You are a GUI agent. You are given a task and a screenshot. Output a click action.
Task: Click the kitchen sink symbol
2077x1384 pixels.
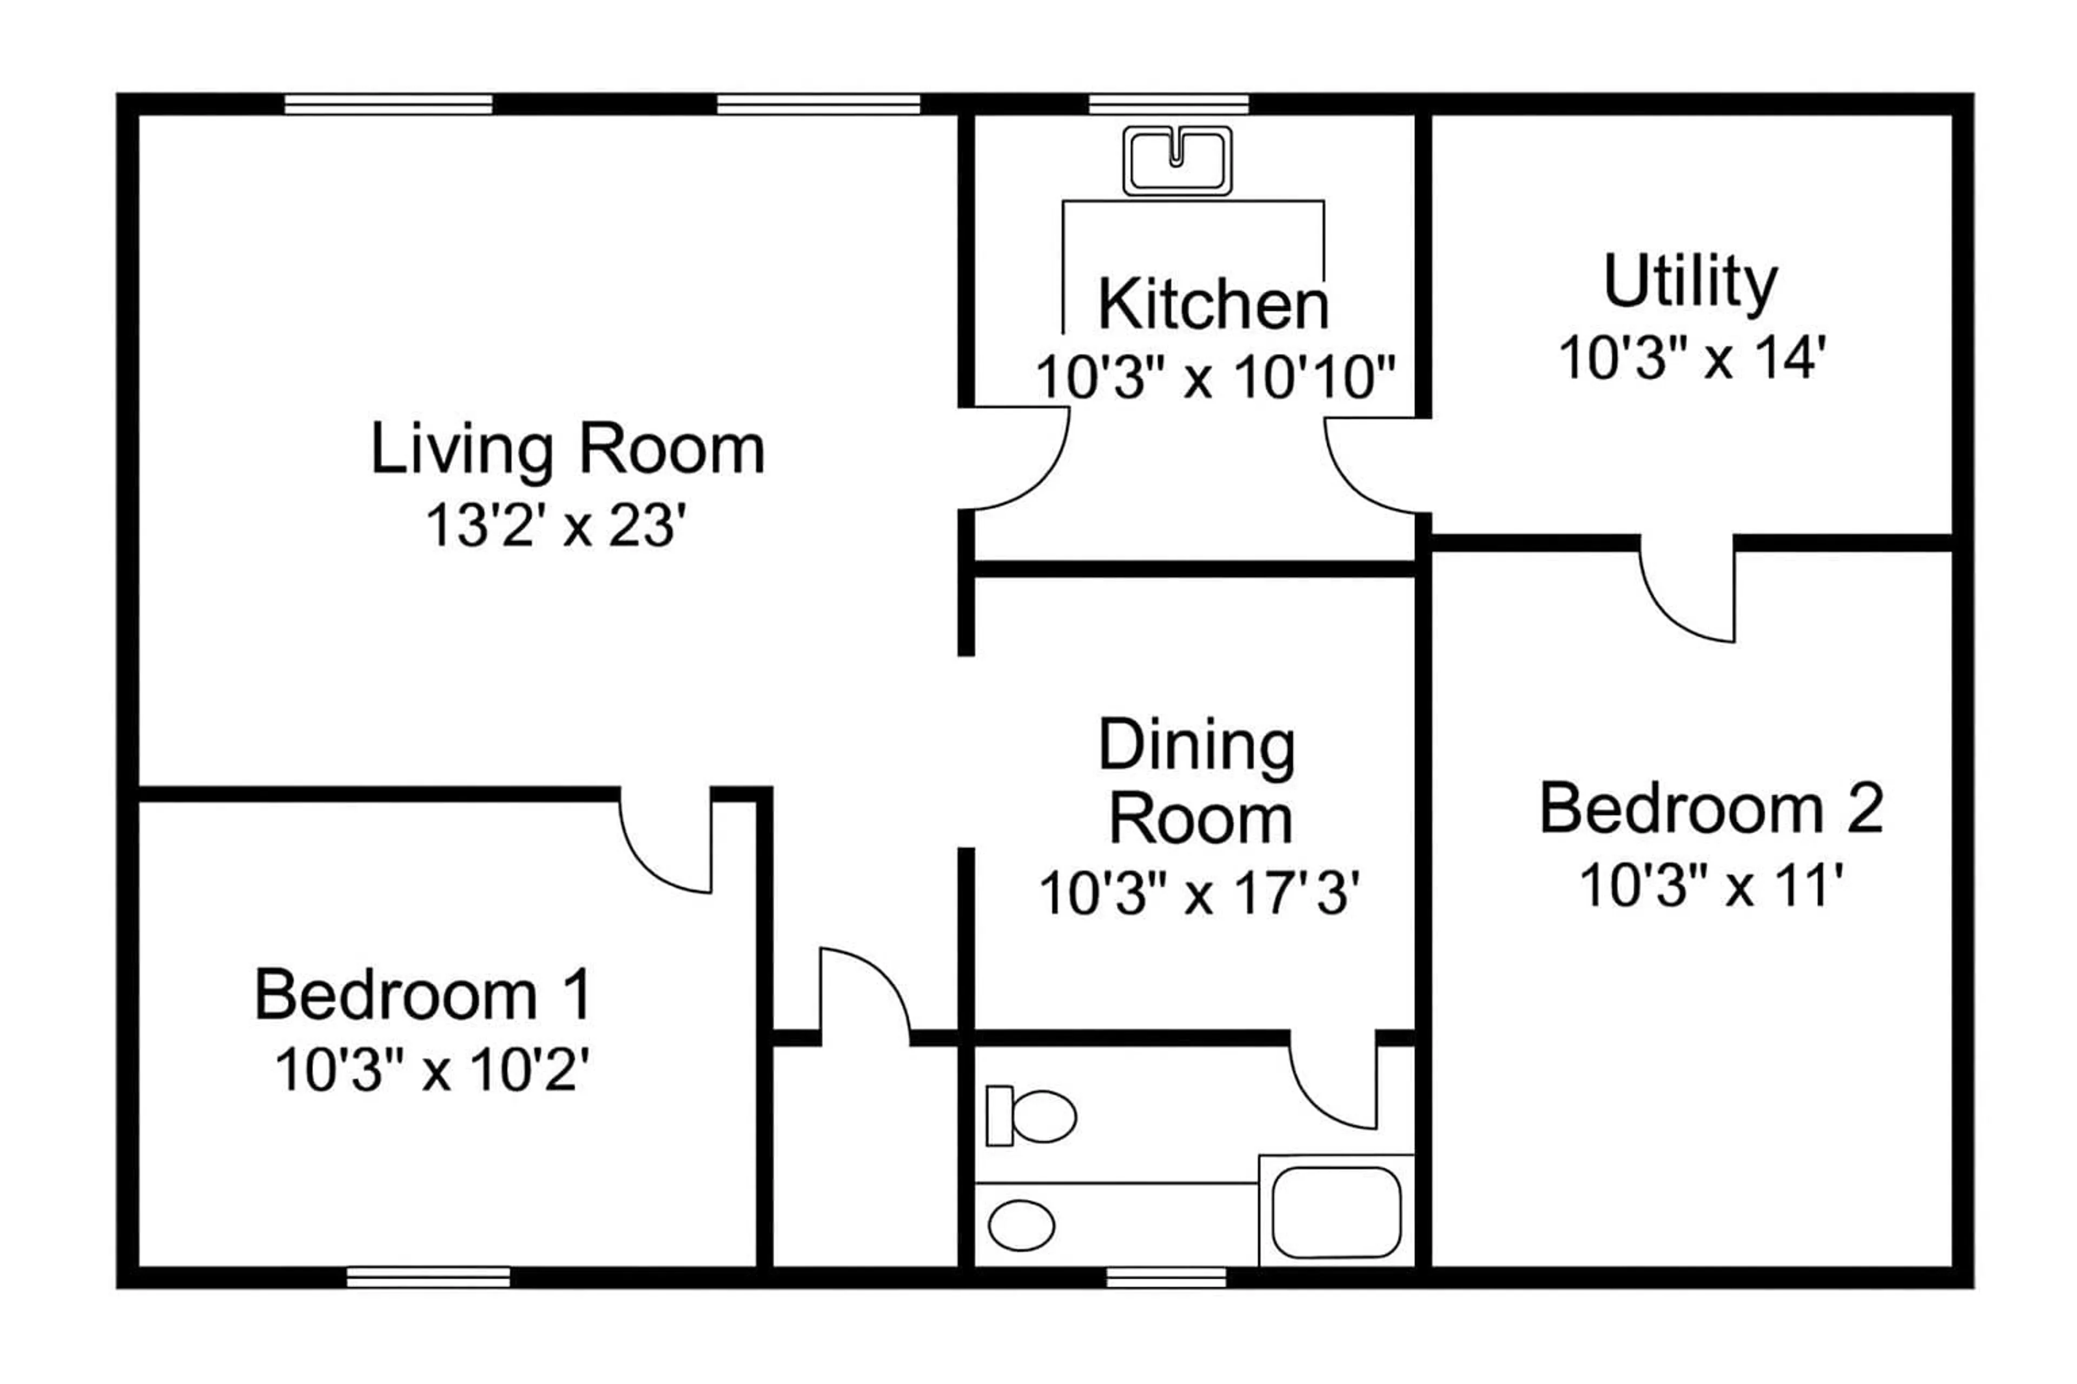click(1177, 161)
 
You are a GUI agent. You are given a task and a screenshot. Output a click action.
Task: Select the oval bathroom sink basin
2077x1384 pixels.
click(1021, 1225)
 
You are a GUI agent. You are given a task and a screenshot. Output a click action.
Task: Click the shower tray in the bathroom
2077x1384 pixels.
click(1336, 1212)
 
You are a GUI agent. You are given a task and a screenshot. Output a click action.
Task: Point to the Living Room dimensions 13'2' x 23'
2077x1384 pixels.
click(557, 526)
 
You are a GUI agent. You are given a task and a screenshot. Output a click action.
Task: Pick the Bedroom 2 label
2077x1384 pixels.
click(1711, 809)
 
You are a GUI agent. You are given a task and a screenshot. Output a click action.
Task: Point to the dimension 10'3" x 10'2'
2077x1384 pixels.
click(432, 1070)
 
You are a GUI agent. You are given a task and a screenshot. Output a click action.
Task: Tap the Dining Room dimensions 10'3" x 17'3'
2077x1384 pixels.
click(1199, 893)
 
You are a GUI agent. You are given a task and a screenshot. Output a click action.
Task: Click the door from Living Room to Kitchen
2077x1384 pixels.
click(1016, 459)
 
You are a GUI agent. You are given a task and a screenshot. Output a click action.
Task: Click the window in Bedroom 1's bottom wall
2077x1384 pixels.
click(428, 1277)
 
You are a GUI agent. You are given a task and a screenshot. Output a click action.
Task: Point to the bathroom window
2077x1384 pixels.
click(1166, 1277)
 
